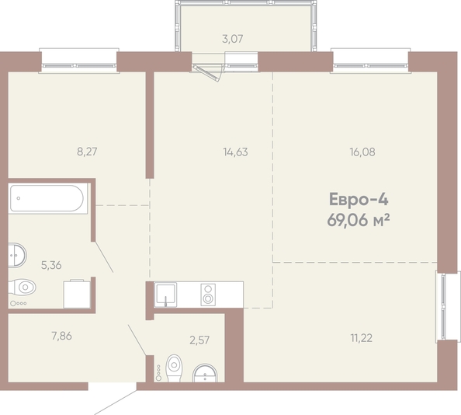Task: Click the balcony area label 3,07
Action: pos(233,39)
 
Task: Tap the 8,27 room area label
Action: pos(87,152)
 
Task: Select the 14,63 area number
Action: pos(235,152)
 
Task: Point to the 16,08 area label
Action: pos(362,152)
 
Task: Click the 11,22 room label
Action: pos(362,338)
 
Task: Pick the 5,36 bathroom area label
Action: pos(51,266)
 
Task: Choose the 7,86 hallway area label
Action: pos(62,336)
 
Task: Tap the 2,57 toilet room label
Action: pos(199,340)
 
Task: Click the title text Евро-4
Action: pos(359,199)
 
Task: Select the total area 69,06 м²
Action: pos(359,220)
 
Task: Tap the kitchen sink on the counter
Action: pos(165,295)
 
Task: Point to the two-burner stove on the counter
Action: pos(208,295)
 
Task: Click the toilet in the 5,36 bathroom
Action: pos(23,287)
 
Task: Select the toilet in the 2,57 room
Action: pos(174,368)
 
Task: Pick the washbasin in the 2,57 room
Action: pos(205,373)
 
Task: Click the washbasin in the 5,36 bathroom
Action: pos(17,255)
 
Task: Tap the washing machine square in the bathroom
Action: pos(77,294)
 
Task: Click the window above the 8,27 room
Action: pos(79,61)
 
